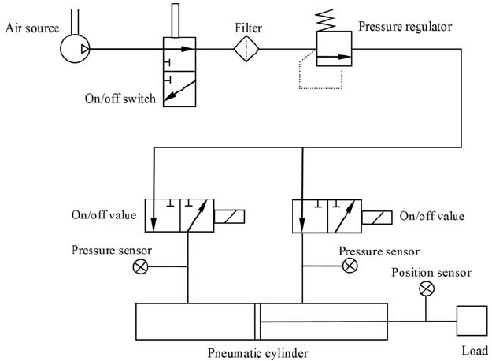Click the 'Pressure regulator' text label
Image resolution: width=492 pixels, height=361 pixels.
click(405, 26)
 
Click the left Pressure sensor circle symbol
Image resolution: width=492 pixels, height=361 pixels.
click(141, 267)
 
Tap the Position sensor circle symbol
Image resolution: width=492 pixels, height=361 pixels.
click(427, 288)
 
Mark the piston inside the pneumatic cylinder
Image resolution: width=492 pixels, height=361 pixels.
click(257, 321)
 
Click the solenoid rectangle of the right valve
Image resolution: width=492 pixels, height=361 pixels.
click(375, 215)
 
